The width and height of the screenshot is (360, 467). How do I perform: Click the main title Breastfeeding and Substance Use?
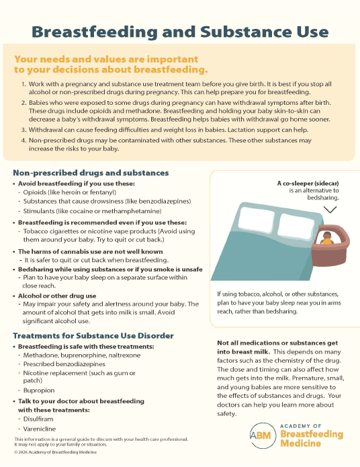point(180,32)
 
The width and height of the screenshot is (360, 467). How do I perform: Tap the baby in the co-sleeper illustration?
point(327,239)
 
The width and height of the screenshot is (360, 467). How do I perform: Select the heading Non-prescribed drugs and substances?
point(91,173)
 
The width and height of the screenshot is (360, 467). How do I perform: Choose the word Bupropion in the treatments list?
point(39,389)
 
